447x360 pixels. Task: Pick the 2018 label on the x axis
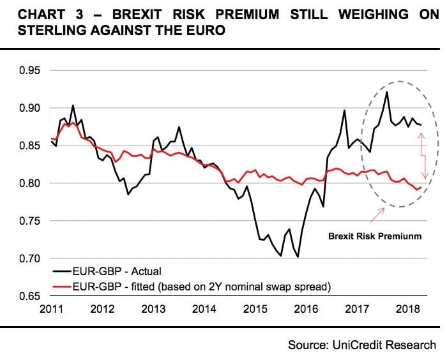point(407,309)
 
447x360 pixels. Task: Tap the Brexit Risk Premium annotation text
point(375,236)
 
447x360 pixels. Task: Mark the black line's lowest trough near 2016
point(298,257)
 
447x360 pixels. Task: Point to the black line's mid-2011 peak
point(72,105)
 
